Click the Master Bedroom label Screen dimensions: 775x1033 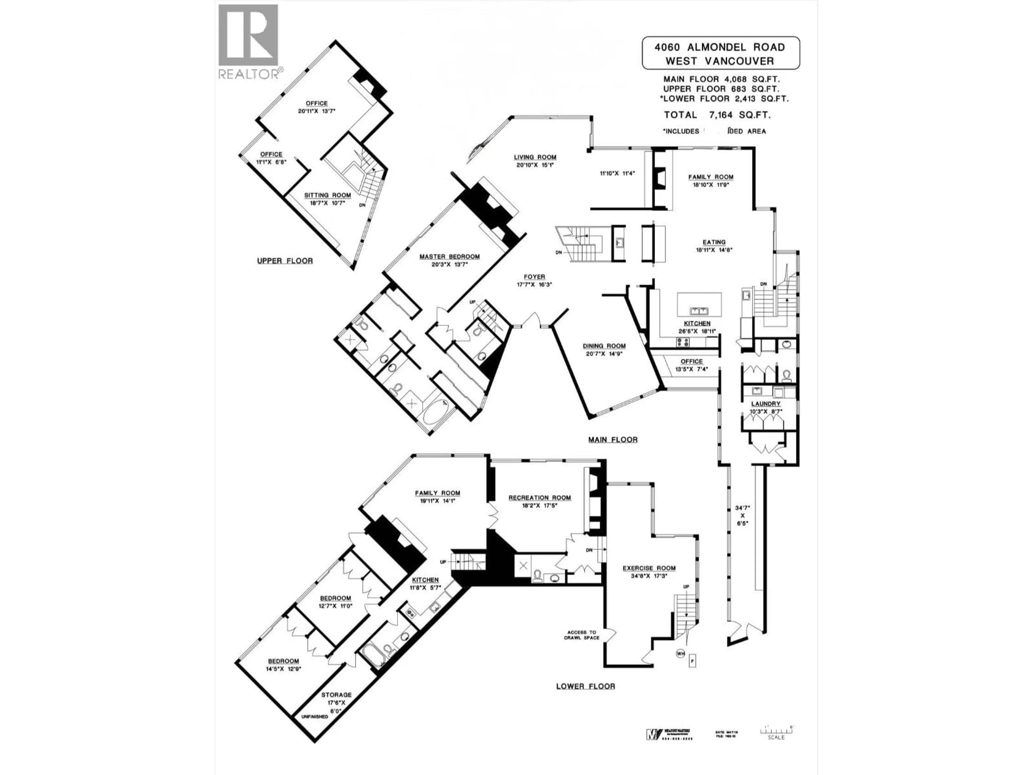(x=449, y=256)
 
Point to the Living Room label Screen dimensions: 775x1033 (x=535, y=157)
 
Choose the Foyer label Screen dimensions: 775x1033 (x=534, y=277)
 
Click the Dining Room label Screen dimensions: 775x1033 (x=604, y=346)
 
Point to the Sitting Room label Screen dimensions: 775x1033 (x=327, y=195)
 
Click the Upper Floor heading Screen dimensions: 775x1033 (x=285, y=261)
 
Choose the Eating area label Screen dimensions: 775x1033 (x=714, y=242)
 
